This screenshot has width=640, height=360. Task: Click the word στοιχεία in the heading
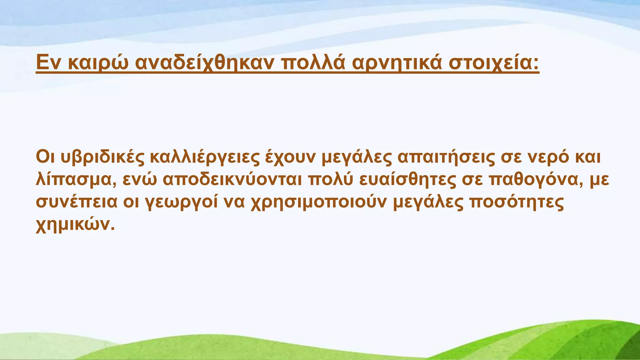[x=494, y=63]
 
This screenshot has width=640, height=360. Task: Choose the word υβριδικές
[x=102, y=157]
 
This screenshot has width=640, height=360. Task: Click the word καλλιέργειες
[x=205, y=157]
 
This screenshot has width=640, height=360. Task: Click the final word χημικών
[x=75, y=224]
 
